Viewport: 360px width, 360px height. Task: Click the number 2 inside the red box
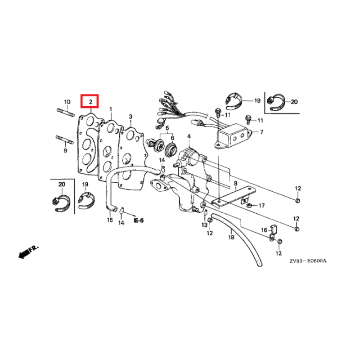click(x=90, y=102)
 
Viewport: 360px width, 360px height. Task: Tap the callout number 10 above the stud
click(x=67, y=102)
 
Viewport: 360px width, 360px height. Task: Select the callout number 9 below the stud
click(x=65, y=151)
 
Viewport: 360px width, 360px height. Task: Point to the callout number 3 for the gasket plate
click(x=130, y=117)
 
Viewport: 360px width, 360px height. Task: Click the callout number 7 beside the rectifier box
click(x=261, y=132)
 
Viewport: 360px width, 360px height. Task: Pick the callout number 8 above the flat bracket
click(x=235, y=184)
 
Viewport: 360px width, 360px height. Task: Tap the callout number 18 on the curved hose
click(x=231, y=237)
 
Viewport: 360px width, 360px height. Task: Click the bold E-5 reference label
click(x=139, y=220)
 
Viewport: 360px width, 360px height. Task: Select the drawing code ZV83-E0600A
click(x=308, y=261)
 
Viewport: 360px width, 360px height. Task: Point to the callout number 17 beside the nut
click(x=261, y=206)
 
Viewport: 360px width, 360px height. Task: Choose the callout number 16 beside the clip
click(x=264, y=230)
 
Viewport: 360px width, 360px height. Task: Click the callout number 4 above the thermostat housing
click(x=189, y=136)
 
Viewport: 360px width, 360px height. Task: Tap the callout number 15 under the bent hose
click(x=110, y=220)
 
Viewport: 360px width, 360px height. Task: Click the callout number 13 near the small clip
click(x=204, y=225)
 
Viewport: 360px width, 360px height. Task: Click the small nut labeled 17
click(x=248, y=206)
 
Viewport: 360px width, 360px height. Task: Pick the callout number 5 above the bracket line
click(x=167, y=128)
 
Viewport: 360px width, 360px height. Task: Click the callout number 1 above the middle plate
click(x=111, y=109)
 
